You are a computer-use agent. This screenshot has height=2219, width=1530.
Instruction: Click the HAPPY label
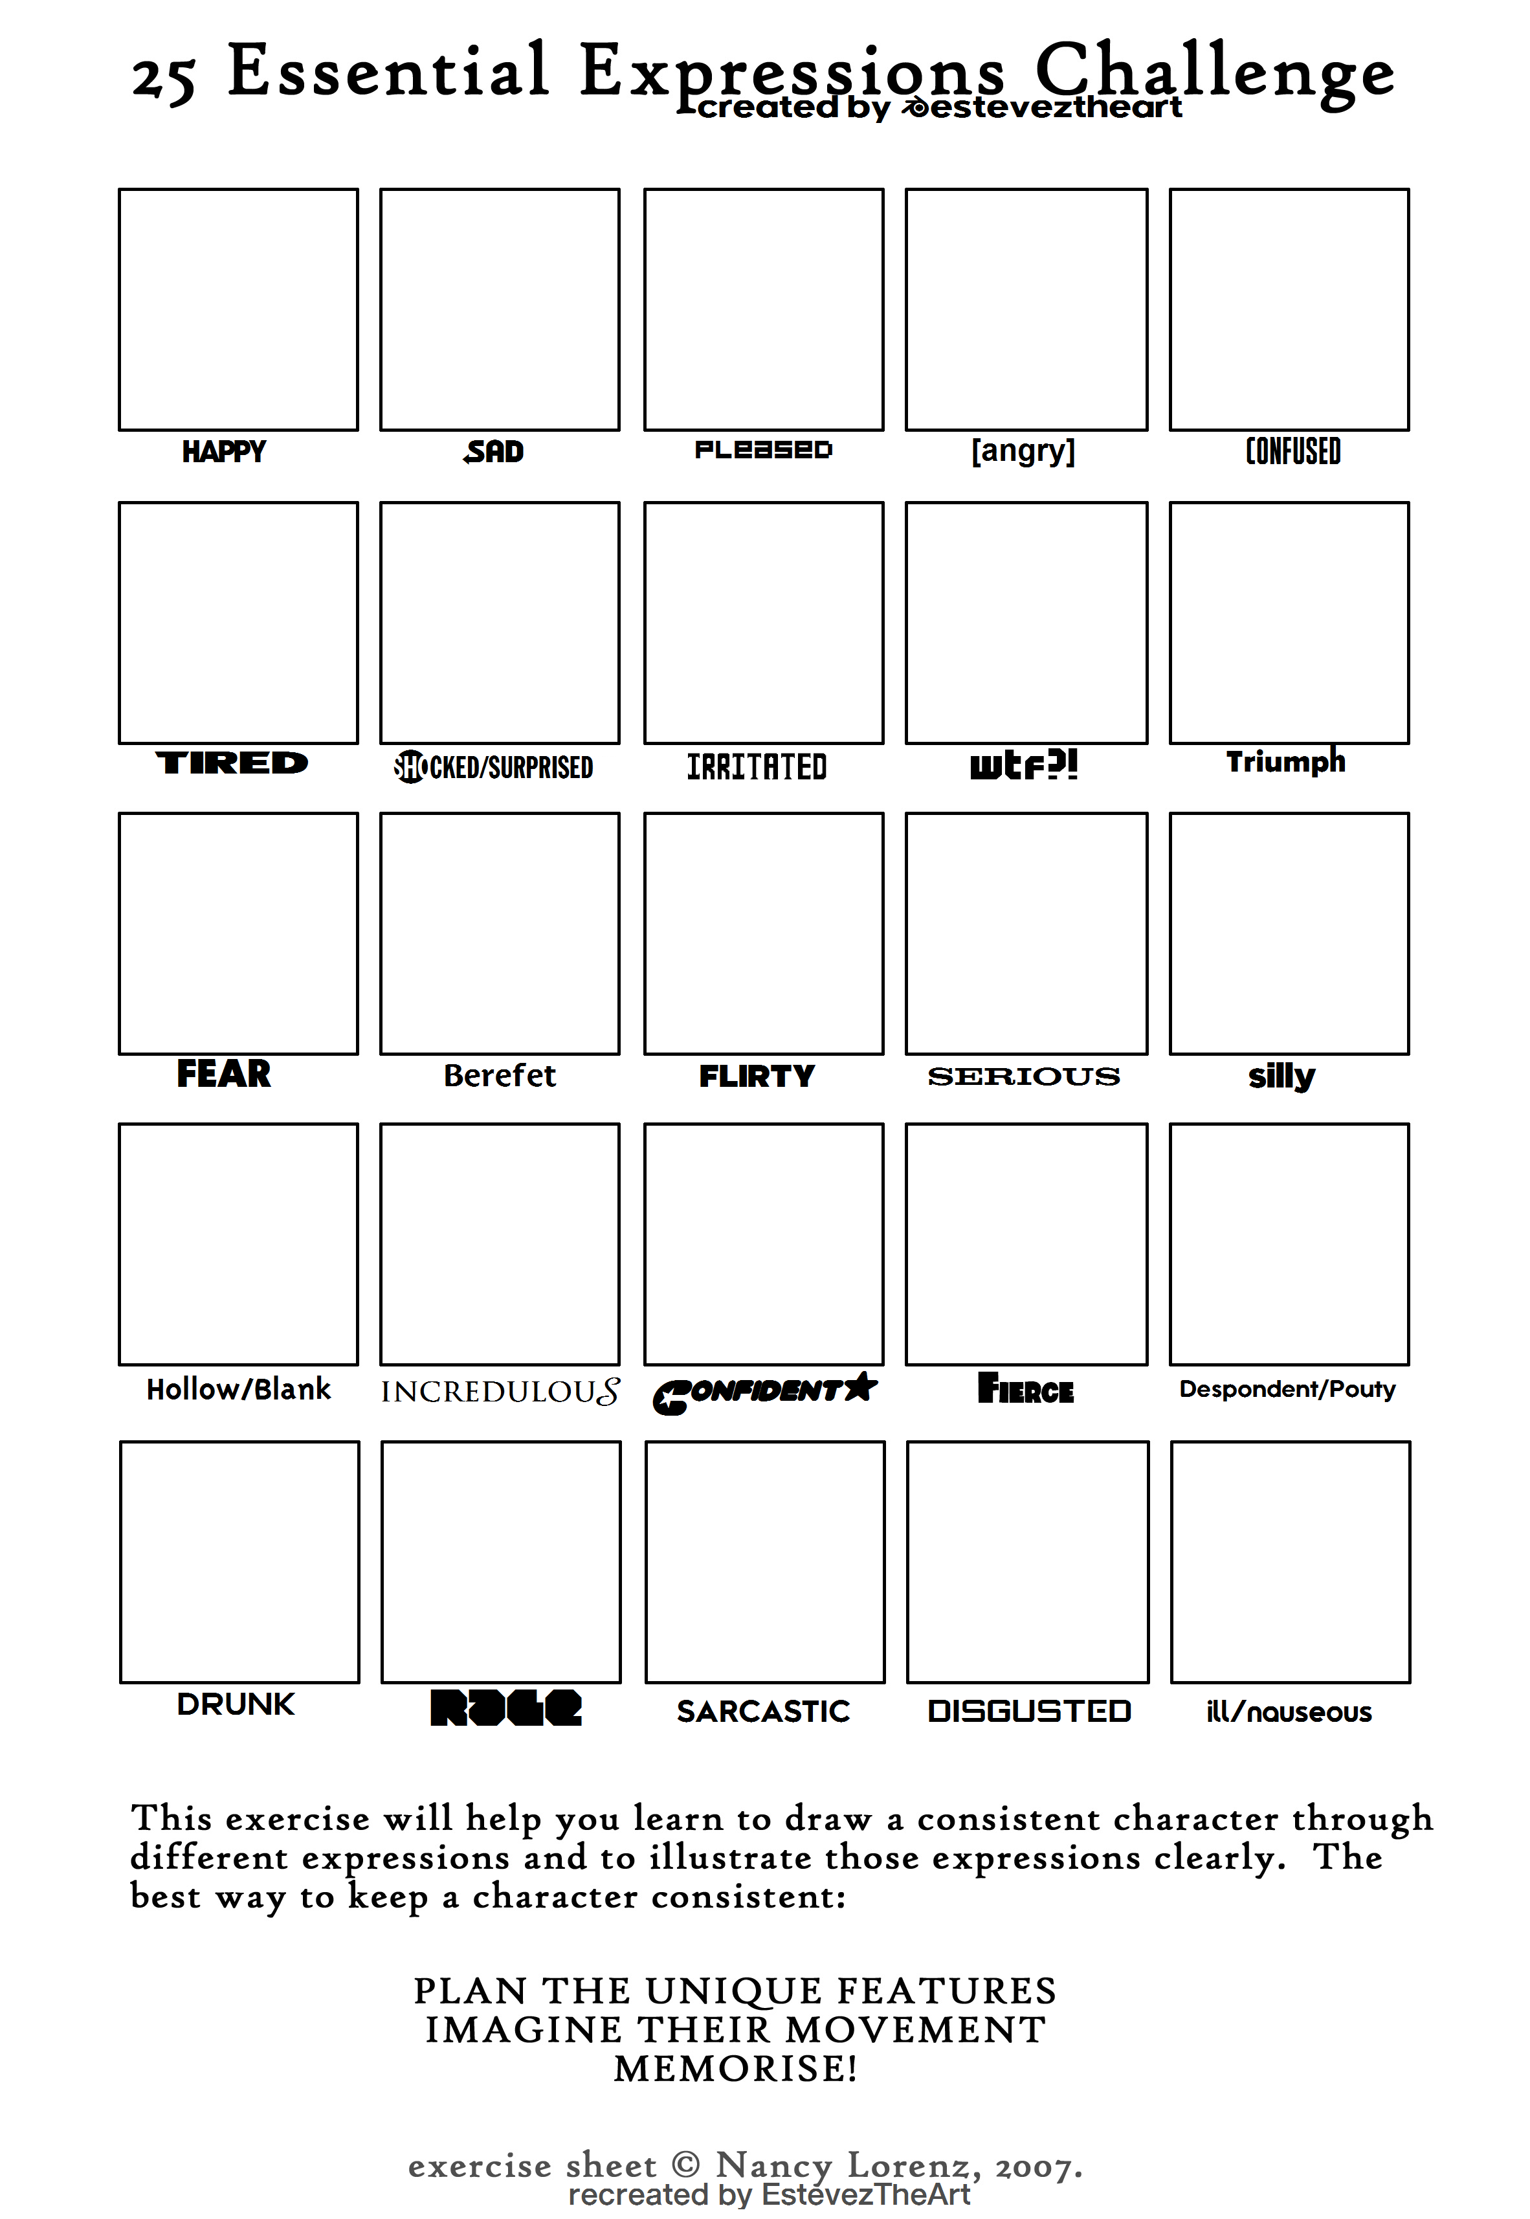[223, 451]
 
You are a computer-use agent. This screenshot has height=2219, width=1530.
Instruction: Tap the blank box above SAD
[500, 309]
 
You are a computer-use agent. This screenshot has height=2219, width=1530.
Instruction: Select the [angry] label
[1023, 451]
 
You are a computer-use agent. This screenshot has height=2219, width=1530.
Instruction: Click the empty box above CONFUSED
[1289, 309]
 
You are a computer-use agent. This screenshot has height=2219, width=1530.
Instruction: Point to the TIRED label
[232, 763]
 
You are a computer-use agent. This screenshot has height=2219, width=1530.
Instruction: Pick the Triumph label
[1285, 761]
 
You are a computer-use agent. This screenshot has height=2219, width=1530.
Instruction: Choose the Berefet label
[500, 1075]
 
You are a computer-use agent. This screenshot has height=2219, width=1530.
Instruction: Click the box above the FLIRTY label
[763, 933]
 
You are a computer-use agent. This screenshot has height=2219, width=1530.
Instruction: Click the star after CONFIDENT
[861, 1386]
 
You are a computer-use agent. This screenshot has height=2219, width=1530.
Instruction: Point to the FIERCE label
[1026, 1389]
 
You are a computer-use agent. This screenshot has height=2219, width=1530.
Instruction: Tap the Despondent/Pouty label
[1287, 1389]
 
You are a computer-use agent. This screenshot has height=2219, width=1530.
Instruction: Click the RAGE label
[505, 1708]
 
